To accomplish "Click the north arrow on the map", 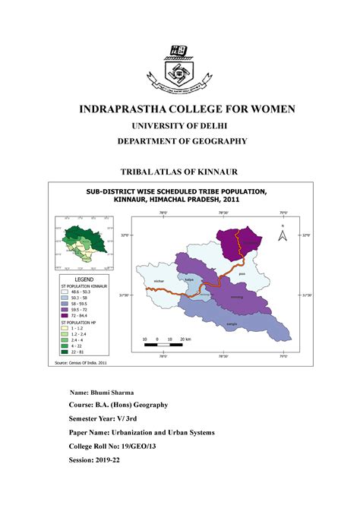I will pos(281,235).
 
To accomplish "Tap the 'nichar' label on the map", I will pos(159,281).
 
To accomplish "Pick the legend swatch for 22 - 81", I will pos(66,352).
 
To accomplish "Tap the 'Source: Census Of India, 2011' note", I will pos(82,364).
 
